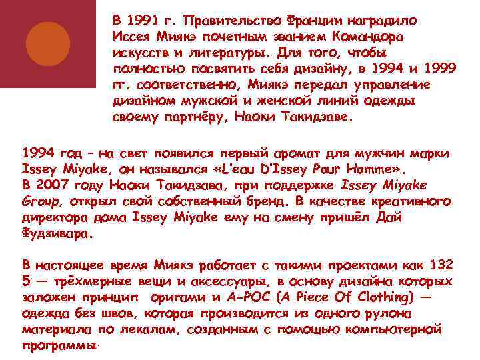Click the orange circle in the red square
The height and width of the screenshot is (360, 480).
coord(48,44)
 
